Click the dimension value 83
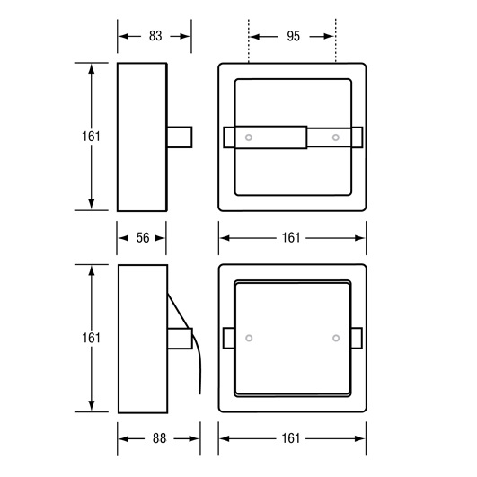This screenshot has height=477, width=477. click(155, 36)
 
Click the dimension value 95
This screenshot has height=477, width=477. click(293, 36)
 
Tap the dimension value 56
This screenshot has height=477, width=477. click(143, 238)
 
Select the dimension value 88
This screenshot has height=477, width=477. click(159, 438)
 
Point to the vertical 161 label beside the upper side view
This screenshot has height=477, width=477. click(91, 137)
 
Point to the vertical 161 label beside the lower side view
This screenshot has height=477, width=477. click(91, 338)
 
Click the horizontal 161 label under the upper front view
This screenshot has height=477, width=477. click(291, 238)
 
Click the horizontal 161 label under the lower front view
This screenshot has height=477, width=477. click(291, 438)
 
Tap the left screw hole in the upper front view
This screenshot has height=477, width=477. click(249, 137)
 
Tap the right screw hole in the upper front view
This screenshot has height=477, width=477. click(336, 137)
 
